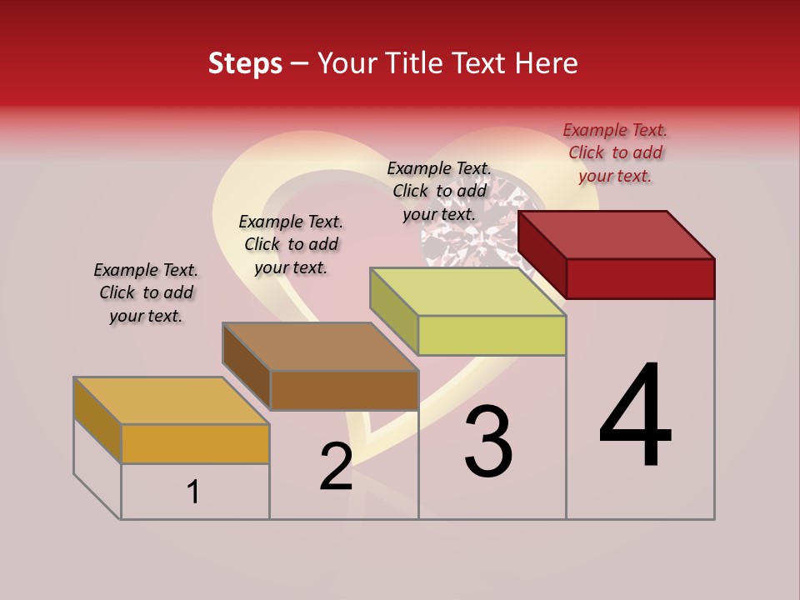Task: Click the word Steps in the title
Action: tap(245, 63)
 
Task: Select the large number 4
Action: tap(636, 416)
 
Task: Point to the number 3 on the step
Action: tap(488, 442)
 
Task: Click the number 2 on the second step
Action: tap(336, 467)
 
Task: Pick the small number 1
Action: tap(193, 492)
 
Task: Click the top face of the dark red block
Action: tap(617, 234)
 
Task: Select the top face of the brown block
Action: tap(320, 347)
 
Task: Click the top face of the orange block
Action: tap(172, 401)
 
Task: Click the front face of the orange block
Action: tap(195, 443)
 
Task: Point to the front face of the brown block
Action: tap(343, 390)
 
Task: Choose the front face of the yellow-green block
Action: tap(492, 335)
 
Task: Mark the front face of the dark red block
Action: tap(640, 278)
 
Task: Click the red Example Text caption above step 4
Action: tap(615, 152)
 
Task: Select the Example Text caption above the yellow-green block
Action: tap(439, 191)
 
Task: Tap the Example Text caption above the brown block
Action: tap(291, 244)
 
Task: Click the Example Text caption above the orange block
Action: tap(146, 292)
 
